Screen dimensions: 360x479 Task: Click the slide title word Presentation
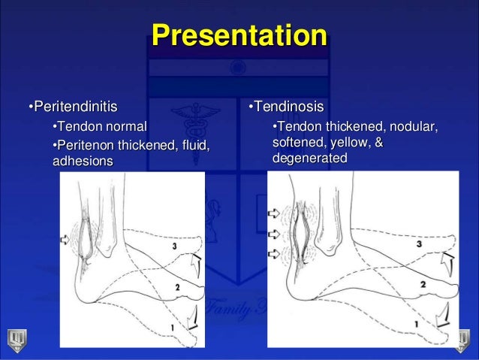click(x=239, y=35)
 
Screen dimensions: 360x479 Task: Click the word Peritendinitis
click(x=73, y=104)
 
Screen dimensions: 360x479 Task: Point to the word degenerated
click(x=309, y=158)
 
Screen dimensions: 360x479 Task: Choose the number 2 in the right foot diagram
click(x=423, y=284)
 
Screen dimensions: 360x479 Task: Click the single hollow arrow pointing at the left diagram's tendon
click(x=68, y=239)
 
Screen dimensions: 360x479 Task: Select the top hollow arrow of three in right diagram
click(x=273, y=213)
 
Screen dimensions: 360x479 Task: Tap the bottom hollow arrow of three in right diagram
click(x=273, y=252)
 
